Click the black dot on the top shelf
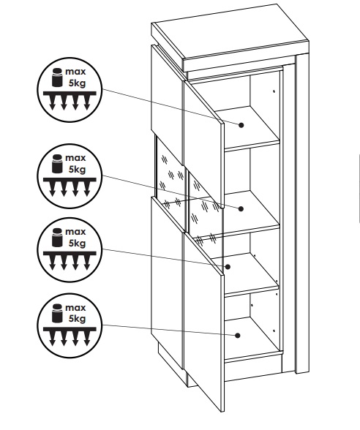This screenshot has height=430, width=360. coord(241,125)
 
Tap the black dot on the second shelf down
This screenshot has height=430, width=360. coord(241,208)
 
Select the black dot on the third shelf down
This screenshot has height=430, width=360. coord(228,266)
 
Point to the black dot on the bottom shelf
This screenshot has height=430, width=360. coord(238,336)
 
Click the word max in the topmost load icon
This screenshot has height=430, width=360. coord(75,72)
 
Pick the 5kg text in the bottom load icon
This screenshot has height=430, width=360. coord(77,319)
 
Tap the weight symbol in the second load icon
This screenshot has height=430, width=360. coord(57,164)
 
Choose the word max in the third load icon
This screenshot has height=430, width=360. coord(75,232)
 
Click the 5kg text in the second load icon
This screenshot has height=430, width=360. coord(77,170)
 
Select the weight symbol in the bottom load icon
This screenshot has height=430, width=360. coord(57,313)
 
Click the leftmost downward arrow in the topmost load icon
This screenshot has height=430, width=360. coord(53,103)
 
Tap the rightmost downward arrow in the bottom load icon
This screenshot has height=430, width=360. coord(87,339)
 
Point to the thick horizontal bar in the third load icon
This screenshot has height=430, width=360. coord(70,253)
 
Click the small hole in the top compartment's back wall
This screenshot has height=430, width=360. coord(274,91)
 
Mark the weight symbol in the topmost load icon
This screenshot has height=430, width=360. coord(57,78)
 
